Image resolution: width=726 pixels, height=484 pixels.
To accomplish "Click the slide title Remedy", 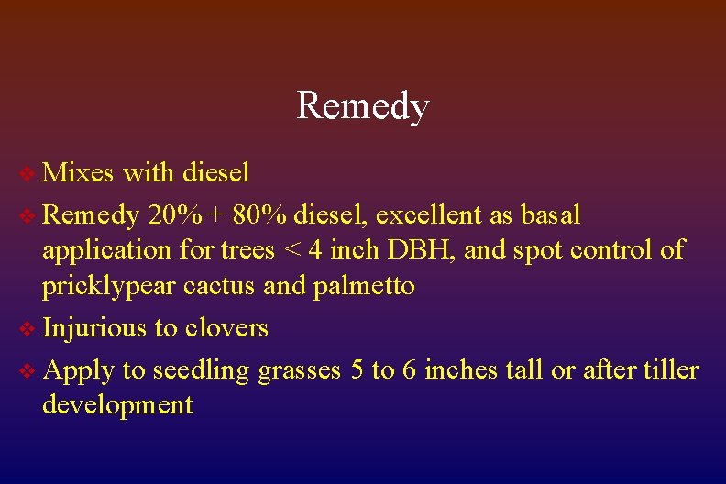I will tap(363, 106).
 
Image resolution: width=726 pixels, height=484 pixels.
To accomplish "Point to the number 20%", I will tap(176, 215).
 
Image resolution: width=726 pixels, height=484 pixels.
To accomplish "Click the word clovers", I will tap(226, 327).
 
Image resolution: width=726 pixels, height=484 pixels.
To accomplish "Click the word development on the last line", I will tap(117, 404).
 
